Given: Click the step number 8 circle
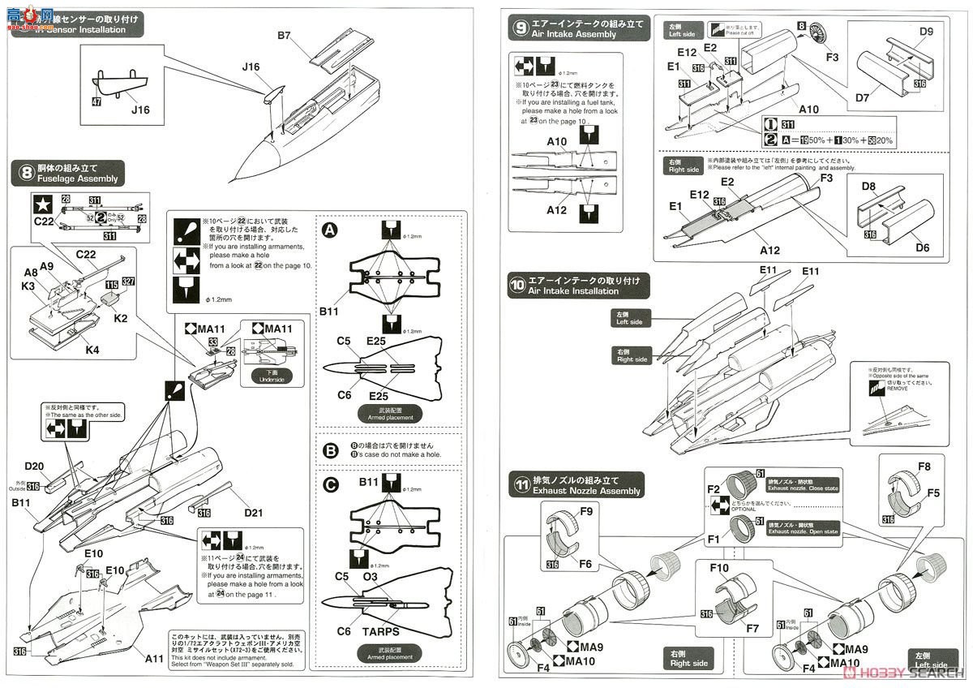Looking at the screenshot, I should click(x=27, y=172).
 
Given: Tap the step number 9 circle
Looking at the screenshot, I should click(x=520, y=28).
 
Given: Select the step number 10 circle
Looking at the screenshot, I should click(x=519, y=286).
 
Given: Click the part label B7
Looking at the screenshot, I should click(x=284, y=36).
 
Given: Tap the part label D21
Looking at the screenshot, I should click(x=253, y=513).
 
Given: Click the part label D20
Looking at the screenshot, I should click(x=34, y=467).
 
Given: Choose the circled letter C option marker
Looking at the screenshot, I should click(x=330, y=485).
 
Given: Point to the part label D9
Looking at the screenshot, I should click(x=927, y=32).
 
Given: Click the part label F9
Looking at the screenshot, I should click(x=564, y=511).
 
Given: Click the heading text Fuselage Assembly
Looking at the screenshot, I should click(x=78, y=178).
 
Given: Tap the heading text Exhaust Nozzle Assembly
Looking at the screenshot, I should click(x=586, y=491).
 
